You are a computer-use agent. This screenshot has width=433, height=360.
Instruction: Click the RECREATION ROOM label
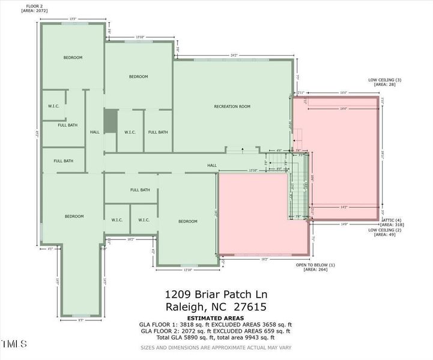[232, 107]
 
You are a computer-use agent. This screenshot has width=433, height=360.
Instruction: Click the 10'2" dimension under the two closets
[130, 239]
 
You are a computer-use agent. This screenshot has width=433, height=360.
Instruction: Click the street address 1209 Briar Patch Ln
[216, 295]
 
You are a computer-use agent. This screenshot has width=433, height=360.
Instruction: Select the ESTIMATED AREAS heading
[216, 318]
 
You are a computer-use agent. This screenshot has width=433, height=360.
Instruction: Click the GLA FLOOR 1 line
[216, 325]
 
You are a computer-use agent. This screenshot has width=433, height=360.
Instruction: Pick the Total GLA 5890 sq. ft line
[216, 337]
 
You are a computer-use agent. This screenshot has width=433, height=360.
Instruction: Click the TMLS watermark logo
[14, 344]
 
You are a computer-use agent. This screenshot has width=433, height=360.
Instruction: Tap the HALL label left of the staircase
[211, 166]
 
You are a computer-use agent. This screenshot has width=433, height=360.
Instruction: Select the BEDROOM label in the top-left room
[73, 58]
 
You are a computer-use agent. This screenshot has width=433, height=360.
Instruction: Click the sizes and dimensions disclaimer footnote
[216, 347]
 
